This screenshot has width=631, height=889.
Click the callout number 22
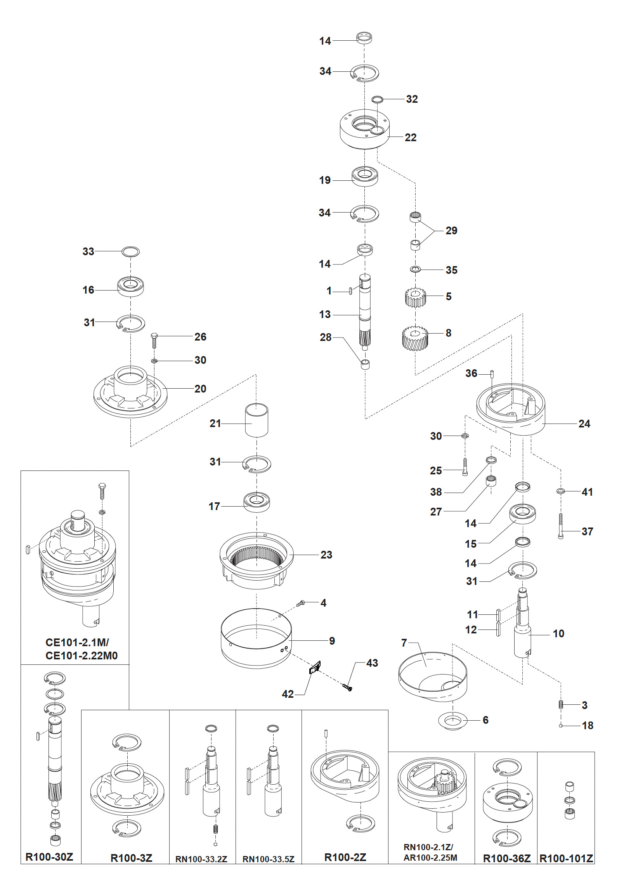[410, 137]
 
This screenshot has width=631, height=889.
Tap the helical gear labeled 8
[415, 338]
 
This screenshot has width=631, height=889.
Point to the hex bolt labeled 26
[154, 341]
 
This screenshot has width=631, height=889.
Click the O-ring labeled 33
[130, 251]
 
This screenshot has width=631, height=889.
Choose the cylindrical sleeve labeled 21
[257, 420]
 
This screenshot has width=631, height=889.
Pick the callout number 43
[372, 663]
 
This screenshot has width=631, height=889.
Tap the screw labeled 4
[300, 604]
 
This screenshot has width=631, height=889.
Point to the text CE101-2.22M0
[81, 656]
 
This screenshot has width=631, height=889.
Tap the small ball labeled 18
[561, 725]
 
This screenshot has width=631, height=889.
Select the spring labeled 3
[561, 704]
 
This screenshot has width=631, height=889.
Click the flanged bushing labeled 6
[452, 721]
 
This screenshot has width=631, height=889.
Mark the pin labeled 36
[492, 374]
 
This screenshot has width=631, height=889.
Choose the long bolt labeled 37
[561, 526]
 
